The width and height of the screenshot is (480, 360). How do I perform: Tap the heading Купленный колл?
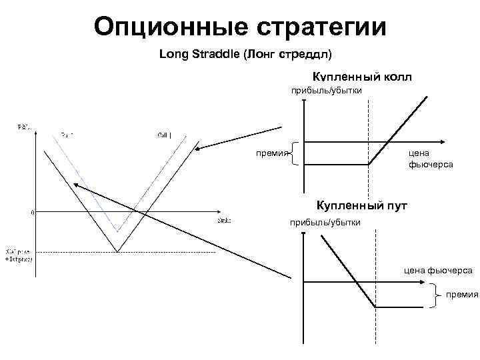pyautogui.click(x=361, y=77)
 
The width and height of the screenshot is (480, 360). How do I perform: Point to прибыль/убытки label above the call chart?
pyautogui.click(x=325, y=91)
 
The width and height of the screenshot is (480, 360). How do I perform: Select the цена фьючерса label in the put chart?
pyautogui.click(x=439, y=270)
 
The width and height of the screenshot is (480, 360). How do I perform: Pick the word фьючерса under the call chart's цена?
pyautogui.click(x=430, y=164)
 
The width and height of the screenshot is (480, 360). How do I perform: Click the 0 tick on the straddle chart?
pyautogui.click(x=33, y=213)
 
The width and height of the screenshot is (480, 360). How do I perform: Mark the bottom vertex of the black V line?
pyautogui.click(x=117, y=251)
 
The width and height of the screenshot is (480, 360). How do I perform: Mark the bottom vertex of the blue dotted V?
pyautogui.click(x=117, y=231)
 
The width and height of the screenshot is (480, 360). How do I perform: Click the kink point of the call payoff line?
pyautogui.click(x=369, y=165)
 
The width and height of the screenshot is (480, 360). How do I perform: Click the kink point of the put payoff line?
pyautogui.click(x=375, y=307)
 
